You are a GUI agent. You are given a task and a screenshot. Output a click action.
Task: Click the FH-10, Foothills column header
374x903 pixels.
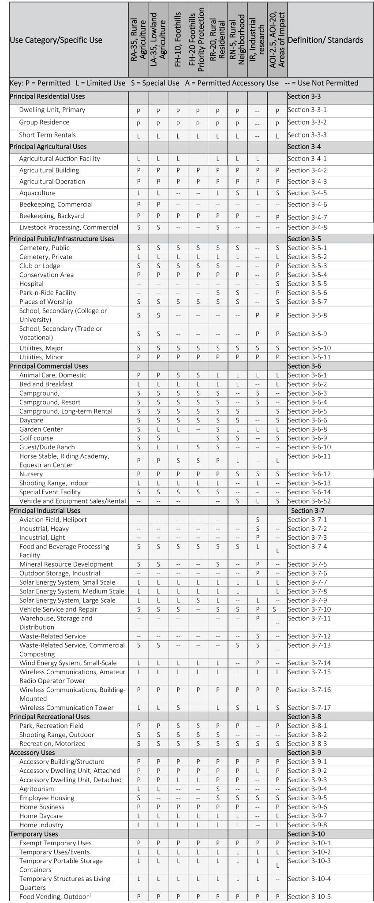point(178,40)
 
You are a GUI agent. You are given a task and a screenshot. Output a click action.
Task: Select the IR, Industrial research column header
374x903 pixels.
point(258,40)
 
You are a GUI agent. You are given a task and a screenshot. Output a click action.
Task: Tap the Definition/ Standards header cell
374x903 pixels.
point(325,40)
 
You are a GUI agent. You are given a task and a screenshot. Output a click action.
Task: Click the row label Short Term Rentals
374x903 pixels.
point(47,135)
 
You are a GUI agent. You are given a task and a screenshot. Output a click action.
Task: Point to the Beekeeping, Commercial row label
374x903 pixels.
point(56,205)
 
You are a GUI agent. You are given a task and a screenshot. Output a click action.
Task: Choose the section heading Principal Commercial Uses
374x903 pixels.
point(49,366)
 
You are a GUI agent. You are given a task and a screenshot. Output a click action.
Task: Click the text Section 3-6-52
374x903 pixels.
point(309,501)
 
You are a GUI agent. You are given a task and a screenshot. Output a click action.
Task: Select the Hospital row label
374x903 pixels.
point(31,284)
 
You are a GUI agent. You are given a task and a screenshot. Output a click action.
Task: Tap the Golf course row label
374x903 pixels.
point(36,438)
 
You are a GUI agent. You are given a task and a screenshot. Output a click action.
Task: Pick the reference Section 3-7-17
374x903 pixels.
point(309,708)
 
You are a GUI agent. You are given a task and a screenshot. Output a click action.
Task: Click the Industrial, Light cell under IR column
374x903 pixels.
point(258,537)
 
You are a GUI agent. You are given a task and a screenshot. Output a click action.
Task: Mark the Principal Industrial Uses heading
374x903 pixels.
point(45,511)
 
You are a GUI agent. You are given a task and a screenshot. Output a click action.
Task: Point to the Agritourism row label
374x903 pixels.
point(37,789)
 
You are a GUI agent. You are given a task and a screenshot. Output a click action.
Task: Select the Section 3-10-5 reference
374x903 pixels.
point(309,897)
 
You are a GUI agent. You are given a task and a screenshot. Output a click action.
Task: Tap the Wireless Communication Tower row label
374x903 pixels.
point(67,708)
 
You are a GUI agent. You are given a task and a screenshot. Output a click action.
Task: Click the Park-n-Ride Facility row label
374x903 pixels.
point(48,293)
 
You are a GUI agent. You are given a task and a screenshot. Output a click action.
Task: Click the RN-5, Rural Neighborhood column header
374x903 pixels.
point(238,40)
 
